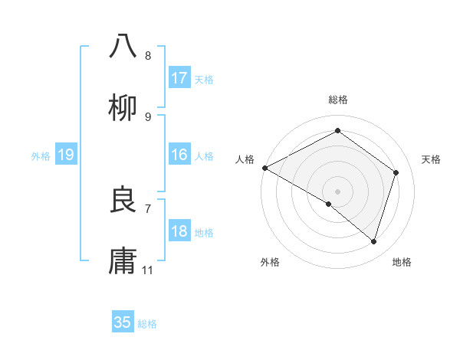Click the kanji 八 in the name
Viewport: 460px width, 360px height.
[x=123, y=46]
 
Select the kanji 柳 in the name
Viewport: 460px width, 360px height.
[x=123, y=108]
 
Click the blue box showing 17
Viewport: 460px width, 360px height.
[x=179, y=78]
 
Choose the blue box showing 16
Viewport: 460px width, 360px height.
[x=179, y=155]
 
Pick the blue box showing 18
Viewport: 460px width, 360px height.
[x=179, y=231]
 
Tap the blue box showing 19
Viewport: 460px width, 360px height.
[x=66, y=155]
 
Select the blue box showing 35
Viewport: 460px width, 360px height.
[x=123, y=322]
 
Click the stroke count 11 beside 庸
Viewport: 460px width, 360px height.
[x=148, y=270]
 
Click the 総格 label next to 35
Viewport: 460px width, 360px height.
[x=147, y=323]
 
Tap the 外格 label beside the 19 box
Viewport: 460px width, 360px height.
[x=41, y=156]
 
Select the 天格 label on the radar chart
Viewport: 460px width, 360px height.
[x=432, y=159]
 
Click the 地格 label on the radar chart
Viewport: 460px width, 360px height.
[x=402, y=262]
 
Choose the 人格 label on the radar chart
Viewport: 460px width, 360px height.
[x=245, y=159]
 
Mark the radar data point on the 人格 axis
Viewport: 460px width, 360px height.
[x=264, y=168]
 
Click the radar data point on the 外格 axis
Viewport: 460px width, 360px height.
[x=329, y=204]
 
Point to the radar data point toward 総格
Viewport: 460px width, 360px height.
[x=337, y=131]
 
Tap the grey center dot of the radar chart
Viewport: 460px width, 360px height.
[x=337, y=191]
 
